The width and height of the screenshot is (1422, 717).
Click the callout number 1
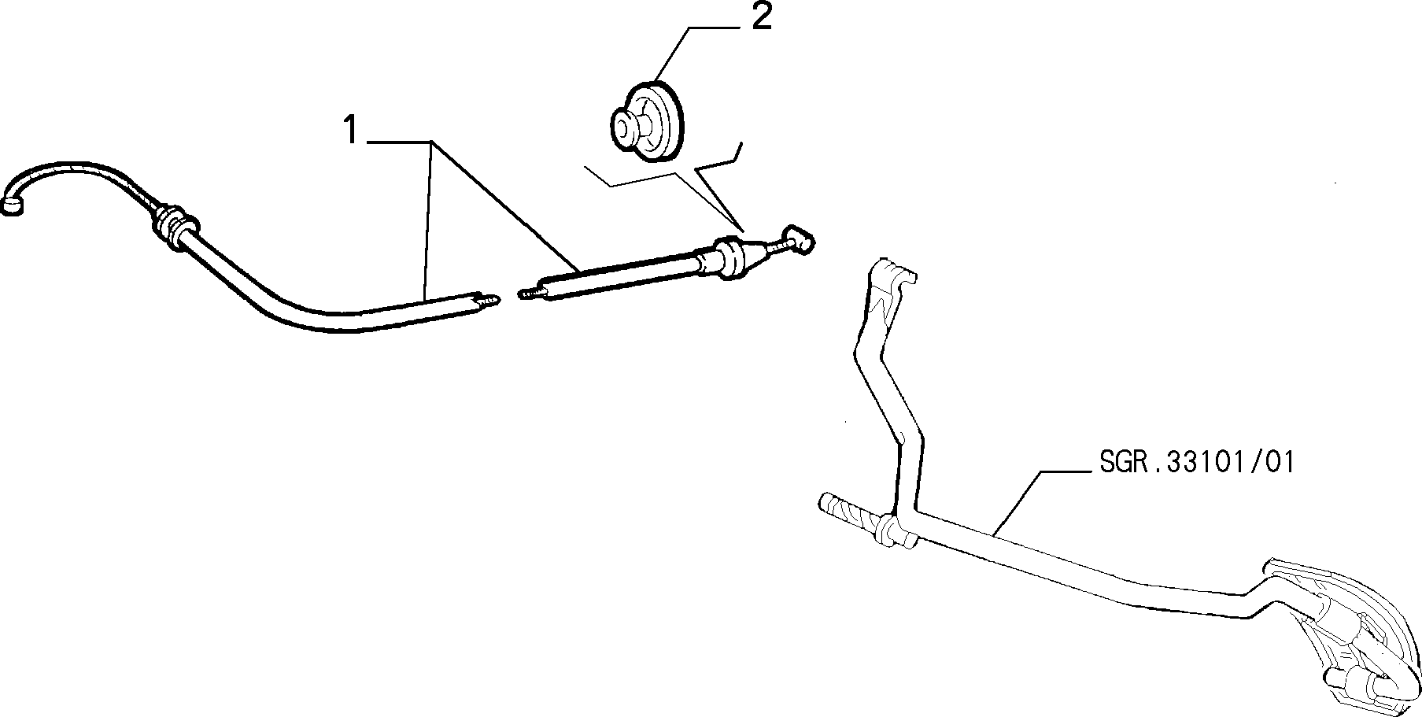pyautogui.click(x=351, y=130)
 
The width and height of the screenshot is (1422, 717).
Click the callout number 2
pyautogui.click(x=761, y=17)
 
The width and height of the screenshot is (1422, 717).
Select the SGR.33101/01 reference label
pyautogui.click(x=1195, y=463)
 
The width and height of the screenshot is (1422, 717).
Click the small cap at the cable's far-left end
pyautogui.click(x=15, y=206)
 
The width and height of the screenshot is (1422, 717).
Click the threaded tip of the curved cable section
pyautogui.click(x=490, y=301)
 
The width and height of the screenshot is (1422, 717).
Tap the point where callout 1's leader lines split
pyautogui.click(x=431, y=142)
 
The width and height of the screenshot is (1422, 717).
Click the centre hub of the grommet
pyautogui.click(x=626, y=124)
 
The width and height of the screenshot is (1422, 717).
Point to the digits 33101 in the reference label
pyautogui.click(x=1207, y=463)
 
